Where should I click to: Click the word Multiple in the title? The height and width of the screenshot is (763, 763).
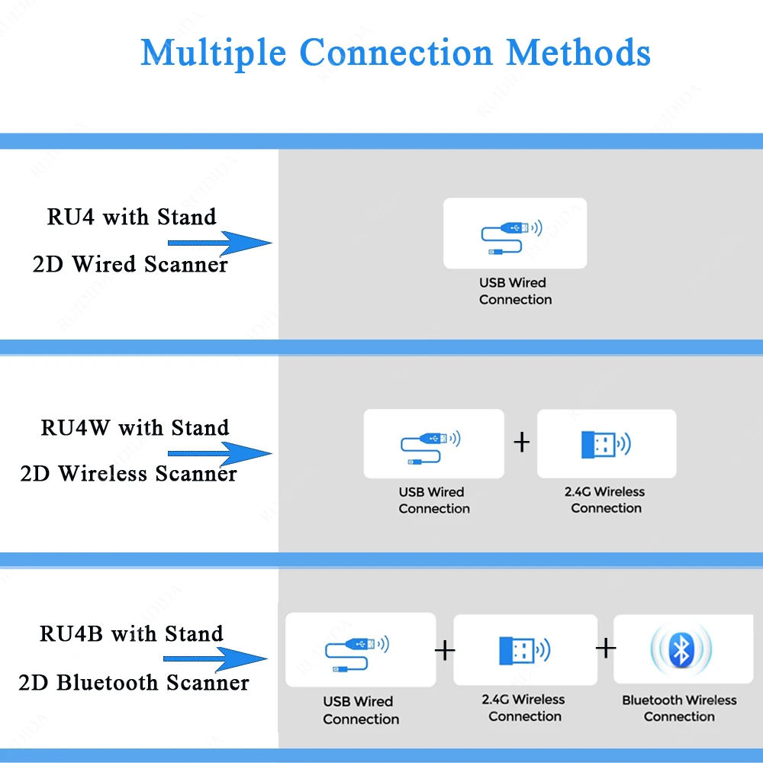213,53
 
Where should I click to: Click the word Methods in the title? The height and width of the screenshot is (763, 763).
578,52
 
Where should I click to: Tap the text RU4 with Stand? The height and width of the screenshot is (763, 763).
131,217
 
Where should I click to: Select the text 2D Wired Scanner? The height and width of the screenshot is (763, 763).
130,264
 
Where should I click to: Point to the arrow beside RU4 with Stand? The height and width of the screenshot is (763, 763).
220,243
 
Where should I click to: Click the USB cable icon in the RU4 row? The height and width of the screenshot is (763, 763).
511,237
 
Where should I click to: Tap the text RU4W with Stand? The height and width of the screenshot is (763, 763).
135,428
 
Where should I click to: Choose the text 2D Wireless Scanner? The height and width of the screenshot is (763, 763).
128,474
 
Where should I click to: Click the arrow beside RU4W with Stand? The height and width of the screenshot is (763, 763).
220,453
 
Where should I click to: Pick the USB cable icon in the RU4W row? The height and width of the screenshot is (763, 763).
430,448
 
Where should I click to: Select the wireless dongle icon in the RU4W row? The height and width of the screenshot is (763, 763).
606,444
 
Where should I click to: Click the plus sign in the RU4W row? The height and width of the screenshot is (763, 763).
522,443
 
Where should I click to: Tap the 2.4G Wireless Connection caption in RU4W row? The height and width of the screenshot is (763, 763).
605,500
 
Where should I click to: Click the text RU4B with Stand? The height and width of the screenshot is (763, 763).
131,633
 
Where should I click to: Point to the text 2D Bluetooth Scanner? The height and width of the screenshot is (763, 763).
134,683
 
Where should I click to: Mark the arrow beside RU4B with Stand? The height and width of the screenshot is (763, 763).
215,659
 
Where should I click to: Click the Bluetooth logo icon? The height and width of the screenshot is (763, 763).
681,649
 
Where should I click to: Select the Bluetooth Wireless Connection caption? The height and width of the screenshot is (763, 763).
679,708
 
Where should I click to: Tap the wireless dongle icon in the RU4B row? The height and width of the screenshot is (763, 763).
525,651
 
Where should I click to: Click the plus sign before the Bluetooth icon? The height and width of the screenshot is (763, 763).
606,648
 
